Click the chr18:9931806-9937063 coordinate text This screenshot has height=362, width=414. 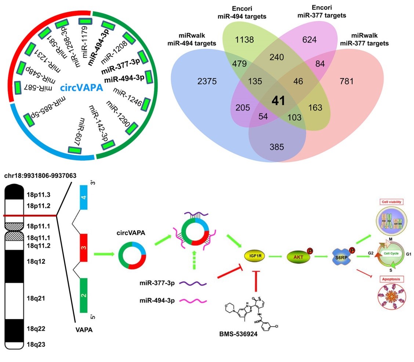tap(40, 176)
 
